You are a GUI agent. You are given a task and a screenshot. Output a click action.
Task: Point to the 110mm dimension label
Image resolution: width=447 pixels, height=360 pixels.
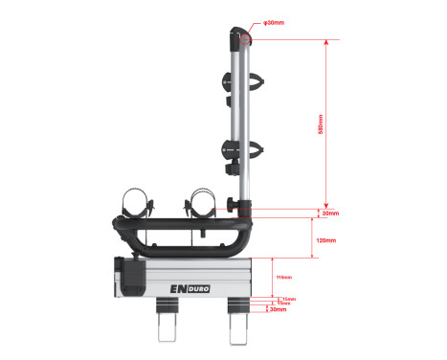point(283,278)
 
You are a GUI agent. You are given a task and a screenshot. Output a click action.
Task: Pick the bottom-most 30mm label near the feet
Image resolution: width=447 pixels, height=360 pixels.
point(279,310)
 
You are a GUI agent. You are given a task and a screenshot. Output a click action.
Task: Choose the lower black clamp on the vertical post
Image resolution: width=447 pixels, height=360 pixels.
point(234,152)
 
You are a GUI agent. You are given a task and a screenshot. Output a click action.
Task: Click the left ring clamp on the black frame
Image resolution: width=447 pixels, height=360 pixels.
point(137,205)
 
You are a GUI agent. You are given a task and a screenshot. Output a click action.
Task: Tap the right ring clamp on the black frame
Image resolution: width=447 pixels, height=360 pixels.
point(202,204)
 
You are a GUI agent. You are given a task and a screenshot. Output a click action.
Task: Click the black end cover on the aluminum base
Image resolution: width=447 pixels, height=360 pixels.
point(131,276)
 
